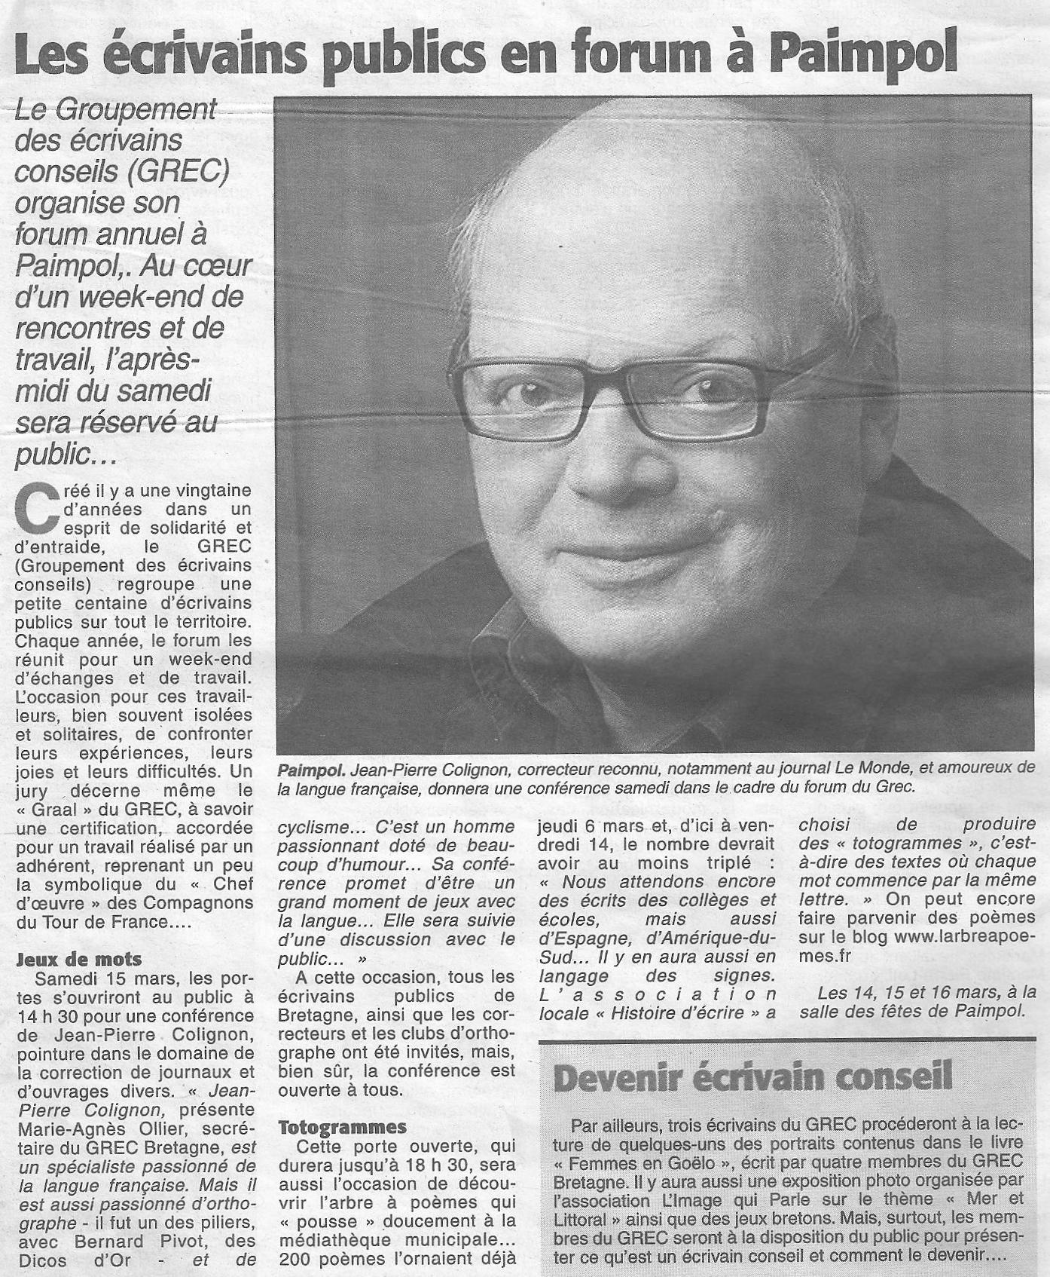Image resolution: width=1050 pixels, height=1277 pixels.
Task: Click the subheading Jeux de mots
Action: point(78,959)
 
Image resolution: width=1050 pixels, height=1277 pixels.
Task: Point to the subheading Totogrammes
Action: point(342,1127)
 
